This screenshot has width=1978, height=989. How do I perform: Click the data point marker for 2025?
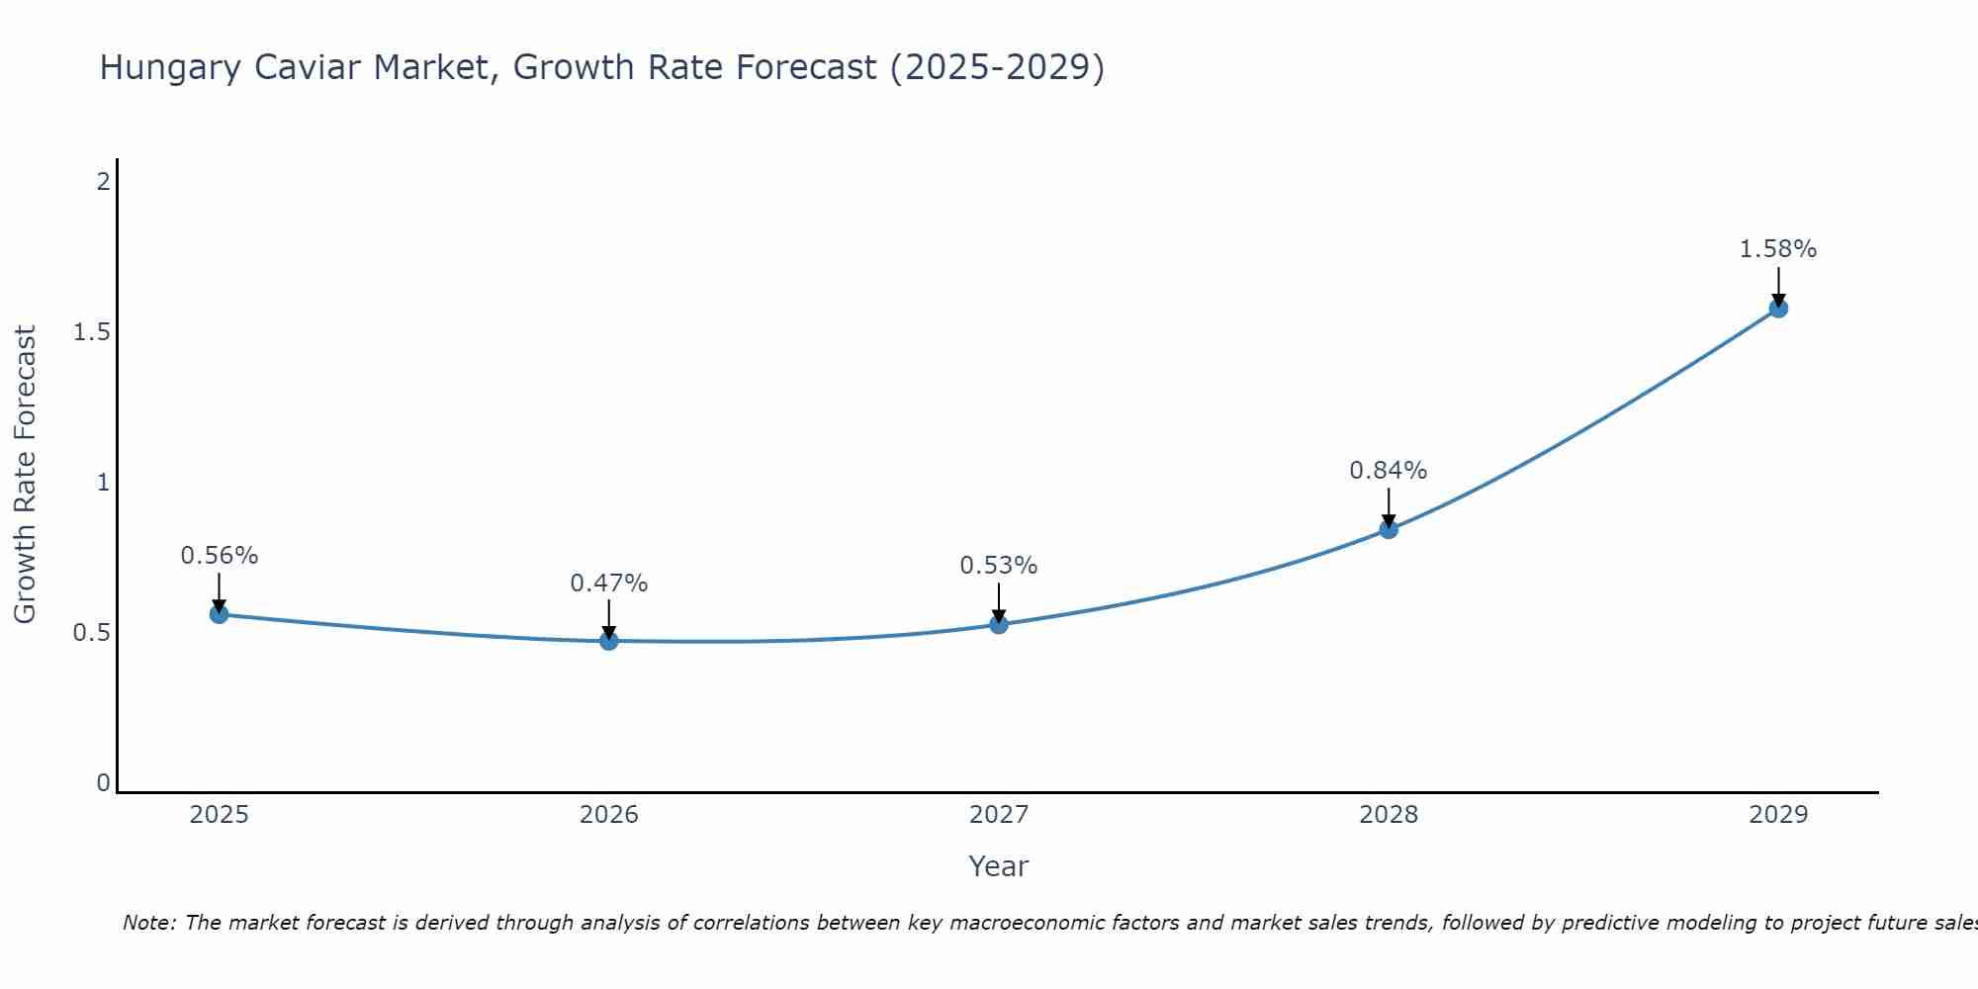pyautogui.click(x=219, y=614)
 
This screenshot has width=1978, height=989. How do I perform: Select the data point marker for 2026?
pyautogui.click(x=608, y=641)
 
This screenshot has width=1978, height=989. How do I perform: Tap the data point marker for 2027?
pyautogui.click(x=998, y=624)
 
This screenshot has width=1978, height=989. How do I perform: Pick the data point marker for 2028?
pyautogui.click(x=1388, y=529)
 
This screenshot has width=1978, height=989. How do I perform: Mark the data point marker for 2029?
pyautogui.click(x=1777, y=308)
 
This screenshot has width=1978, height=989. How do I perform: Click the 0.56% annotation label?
pyautogui.click(x=219, y=556)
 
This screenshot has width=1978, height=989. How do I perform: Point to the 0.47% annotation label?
pyautogui.click(x=608, y=584)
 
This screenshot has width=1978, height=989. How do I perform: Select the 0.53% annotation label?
pyautogui.click(x=998, y=566)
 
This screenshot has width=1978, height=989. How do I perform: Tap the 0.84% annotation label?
pyautogui.click(x=1388, y=471)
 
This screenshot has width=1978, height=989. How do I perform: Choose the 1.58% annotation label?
pyautogui.click(x=1777, y=249)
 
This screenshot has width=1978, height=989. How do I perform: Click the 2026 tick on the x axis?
pyautogui.click(x=608, y=815)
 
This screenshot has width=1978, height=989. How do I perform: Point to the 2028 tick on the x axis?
pyautogui.click(x=1388, y=815)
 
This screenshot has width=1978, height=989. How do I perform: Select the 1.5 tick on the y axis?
pyautogui.click(x=91, y=332)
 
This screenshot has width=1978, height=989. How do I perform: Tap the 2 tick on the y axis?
pyautogui.click(x=102, y=182)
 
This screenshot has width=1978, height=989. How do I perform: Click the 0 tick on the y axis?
pyautogui.click(x=103, y=783)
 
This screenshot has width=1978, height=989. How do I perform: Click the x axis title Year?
pyautogui.click(x=998, y=866)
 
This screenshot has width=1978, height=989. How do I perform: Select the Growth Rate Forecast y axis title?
pyautogui.click(x=25, y=474)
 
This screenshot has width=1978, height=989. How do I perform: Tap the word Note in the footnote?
pyautogui.click(x=148, y=923)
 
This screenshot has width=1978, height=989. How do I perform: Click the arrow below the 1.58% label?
pyautogui.click(x=1777, y=287)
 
